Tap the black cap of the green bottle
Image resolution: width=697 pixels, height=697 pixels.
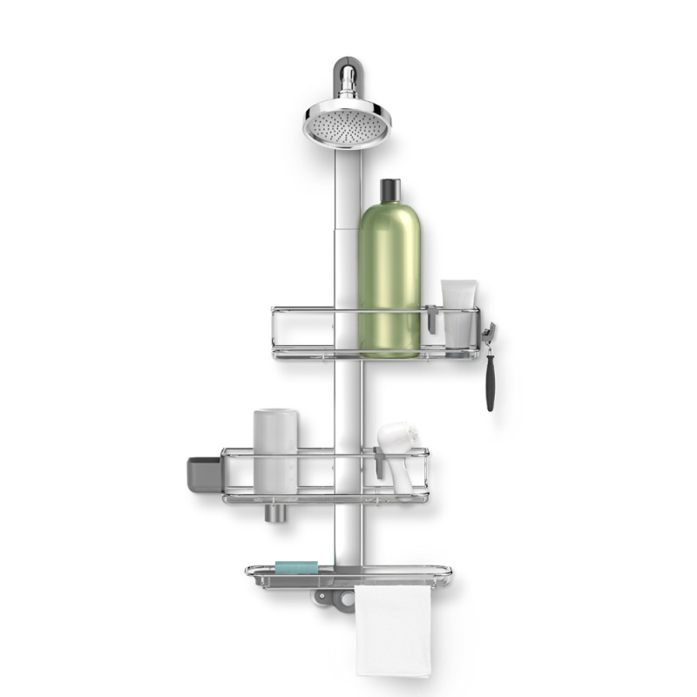pos(389,190)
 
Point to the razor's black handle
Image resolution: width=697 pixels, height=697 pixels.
pos(491,379)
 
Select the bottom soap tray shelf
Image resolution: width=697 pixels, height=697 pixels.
pos(348,575)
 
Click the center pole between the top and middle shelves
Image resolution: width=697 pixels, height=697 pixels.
pos(347,401)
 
